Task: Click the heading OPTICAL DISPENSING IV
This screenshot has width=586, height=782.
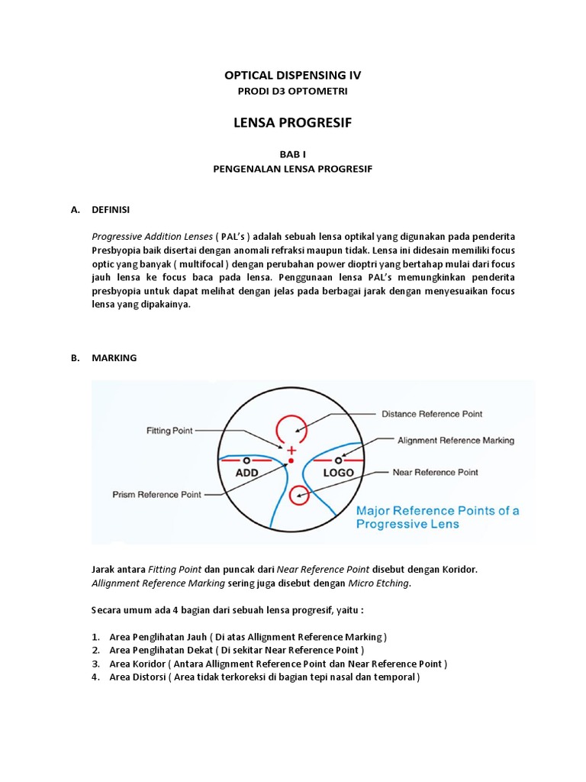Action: tap(292, 75)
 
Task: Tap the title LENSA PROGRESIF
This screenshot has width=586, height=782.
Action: tap(292, 123)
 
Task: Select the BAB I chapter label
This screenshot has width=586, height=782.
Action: tap(292, 153)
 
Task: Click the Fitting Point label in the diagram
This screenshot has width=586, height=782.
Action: tap(169, 431)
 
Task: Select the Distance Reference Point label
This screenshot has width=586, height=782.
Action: tap(431, 414)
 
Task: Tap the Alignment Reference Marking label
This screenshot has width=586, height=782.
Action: tap(456, 441)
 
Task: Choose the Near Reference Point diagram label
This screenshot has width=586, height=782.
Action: tap(435, 472)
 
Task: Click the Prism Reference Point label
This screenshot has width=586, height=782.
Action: tap(156, 494)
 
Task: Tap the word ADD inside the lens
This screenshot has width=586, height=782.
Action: tap(246, 473)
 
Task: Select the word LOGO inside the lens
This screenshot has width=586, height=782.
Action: tap(338, 473)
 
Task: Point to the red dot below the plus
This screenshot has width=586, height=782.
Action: tap(289, 461)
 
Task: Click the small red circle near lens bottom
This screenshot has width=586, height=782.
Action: tap(299, 495)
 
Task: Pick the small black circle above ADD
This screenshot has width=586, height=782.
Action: tap(246, 460)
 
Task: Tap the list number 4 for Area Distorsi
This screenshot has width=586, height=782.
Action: tap(96, 677)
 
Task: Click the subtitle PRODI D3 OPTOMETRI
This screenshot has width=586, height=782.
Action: tap(292, 92)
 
